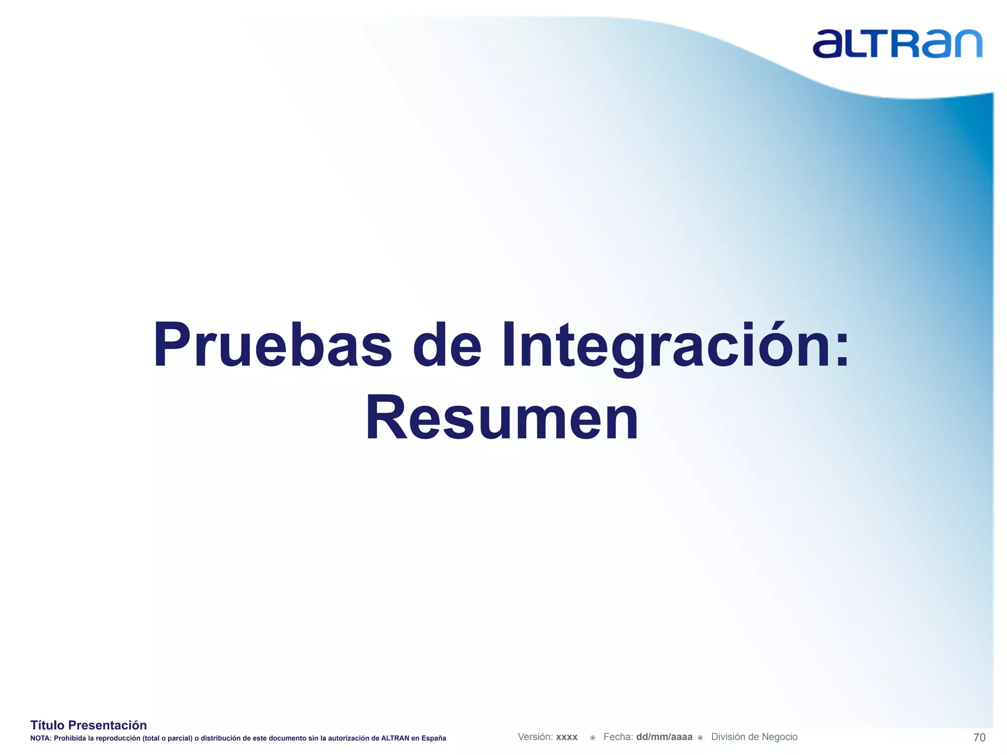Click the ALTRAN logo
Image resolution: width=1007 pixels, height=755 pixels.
[x=897, y=44]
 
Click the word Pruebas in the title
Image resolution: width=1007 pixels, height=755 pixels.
[x=272, y=345]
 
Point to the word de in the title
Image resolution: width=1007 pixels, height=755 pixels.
[x=446, y=345]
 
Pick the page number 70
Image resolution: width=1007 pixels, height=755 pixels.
[x=979, y=737]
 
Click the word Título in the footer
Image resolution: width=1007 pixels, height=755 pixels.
[x=47, y=725]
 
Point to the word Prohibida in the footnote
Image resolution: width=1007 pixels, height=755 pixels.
[x=69, y=738]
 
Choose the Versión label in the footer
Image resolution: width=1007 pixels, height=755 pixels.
[x=535, y=737]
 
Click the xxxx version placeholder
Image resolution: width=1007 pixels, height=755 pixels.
[x=566, y=737]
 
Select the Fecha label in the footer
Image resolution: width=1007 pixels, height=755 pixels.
[x=618, y=737]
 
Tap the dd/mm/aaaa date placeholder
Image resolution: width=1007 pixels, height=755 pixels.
[x=664, y=737]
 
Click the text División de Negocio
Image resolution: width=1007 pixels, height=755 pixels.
[x=754, y=737]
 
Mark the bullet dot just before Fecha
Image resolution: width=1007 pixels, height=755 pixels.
[x=592, y=738]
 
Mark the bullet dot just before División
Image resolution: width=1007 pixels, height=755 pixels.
[x=700, y=738]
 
